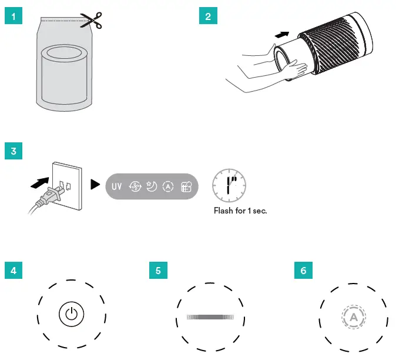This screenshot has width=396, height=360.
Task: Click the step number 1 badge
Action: pyautogui.click(x=13, y=16)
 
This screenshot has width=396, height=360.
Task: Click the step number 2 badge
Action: pyautogui.click(x=207, y=16)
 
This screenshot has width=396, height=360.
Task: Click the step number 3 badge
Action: pyautogui.click(x=13, y=151)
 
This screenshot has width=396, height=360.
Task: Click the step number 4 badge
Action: pyautogui.click(x=13, y=271)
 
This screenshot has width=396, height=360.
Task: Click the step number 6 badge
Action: pyautogui.click(x=303, y=271)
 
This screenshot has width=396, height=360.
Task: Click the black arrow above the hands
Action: pyautogui.click(x=283, y=36)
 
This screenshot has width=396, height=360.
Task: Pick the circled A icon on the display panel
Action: pyautogui.click(x=168, y=187)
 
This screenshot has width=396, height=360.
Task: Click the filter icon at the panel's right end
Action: pyautogui.click(x=186, y=187)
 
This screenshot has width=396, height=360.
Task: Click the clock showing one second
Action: pyautogui.click(x=229, y=183)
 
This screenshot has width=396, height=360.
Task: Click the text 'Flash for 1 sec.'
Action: pyautogui.click(x=240, y=210)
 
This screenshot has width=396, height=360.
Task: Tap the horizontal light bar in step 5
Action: pyautogui.click(x=209, y=316)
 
